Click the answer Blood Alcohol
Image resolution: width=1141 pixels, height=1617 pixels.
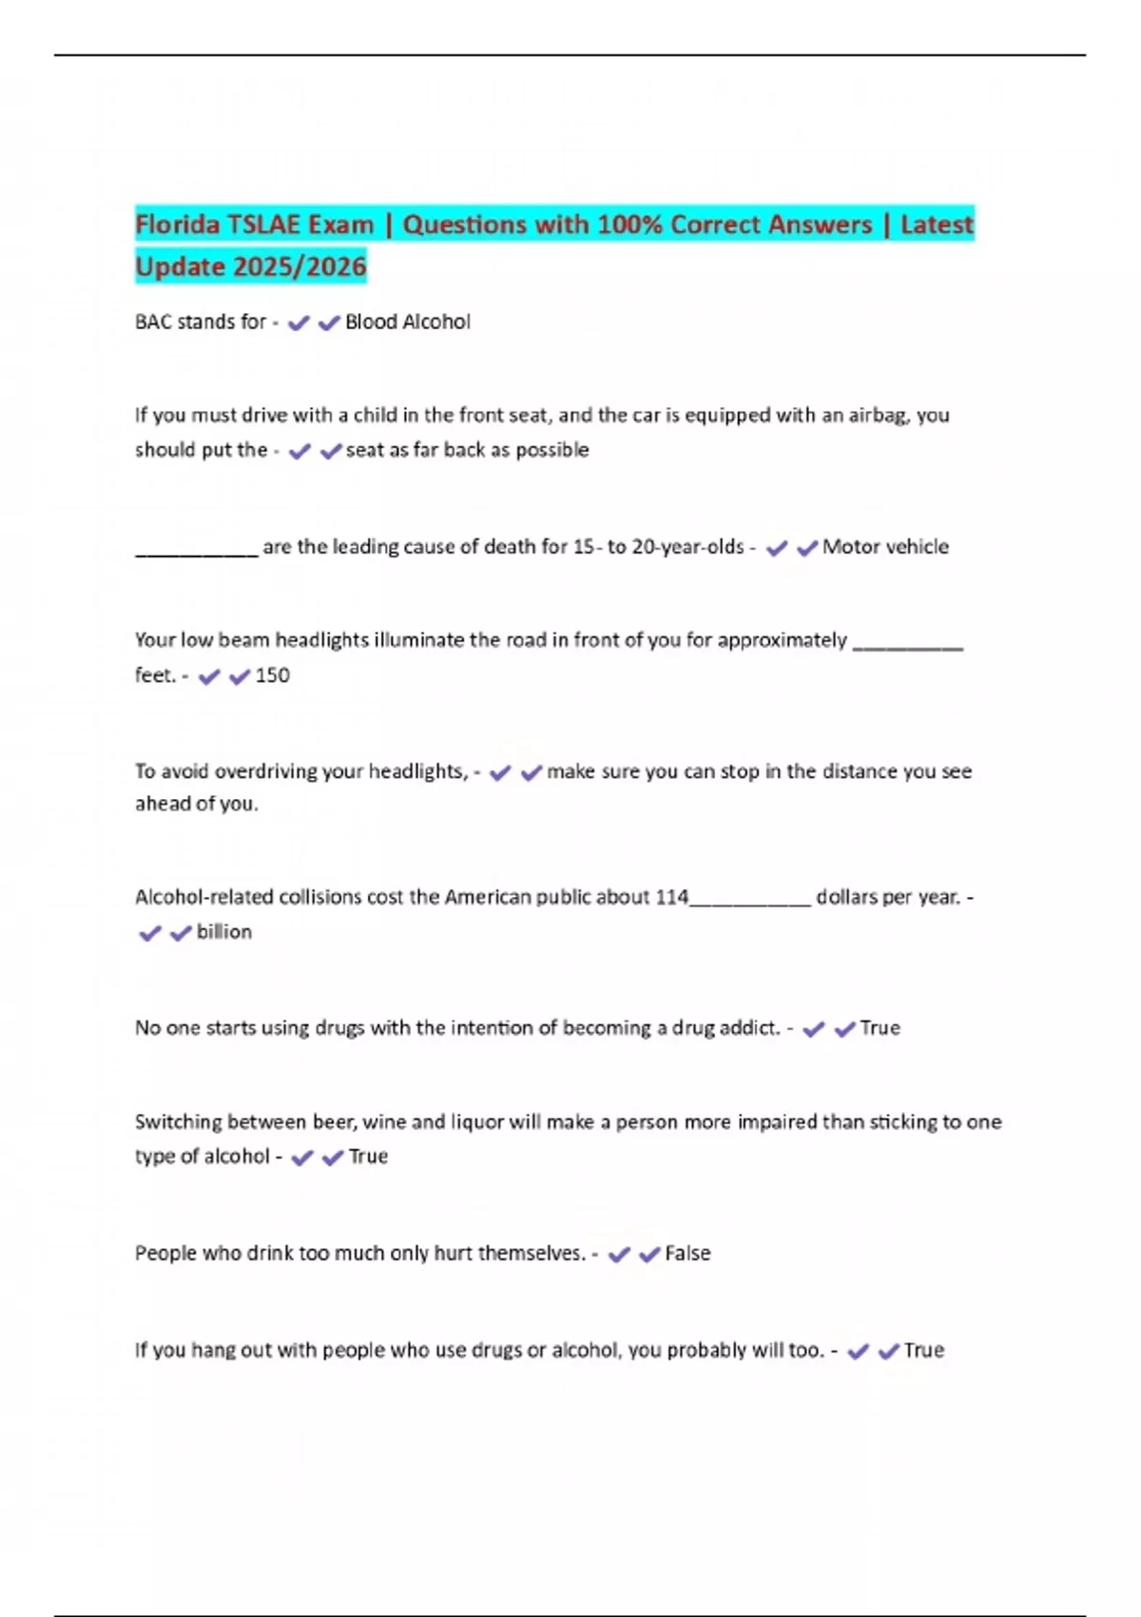pos(407,322)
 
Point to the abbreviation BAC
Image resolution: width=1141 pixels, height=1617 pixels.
pos(153,322)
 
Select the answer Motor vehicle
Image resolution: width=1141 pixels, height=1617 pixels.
pos(885,547)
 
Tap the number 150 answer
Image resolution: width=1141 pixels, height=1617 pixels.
pos(273,675)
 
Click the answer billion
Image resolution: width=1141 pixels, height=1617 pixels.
pos(224,932)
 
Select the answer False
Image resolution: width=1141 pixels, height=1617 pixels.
pos(687,1254)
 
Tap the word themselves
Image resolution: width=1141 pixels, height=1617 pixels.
pos(531,1254)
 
